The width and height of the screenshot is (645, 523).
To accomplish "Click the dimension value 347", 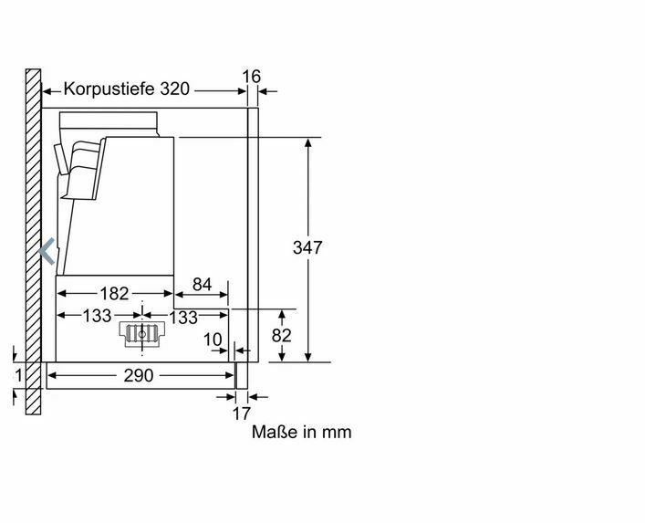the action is pos(307,247).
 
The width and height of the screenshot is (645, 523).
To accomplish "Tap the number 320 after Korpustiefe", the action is pos(174,89).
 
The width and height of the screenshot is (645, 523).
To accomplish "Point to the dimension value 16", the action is pos(251,77).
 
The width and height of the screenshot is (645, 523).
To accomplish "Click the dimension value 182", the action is pos(115,294).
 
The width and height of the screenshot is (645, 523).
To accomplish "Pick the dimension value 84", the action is pos(202,285).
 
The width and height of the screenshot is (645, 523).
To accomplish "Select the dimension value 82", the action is pos(281,336).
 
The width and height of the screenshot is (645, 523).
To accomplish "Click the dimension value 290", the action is pos(139,375).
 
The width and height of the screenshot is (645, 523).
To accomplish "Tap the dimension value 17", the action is pos(242,413).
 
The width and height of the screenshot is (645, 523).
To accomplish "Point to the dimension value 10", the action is pos(213,340).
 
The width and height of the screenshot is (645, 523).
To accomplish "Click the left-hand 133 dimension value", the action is pos(97,316).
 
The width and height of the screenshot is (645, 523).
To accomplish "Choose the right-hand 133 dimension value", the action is pos(183,318).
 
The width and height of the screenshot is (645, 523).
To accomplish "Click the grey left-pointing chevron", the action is pos(46,251).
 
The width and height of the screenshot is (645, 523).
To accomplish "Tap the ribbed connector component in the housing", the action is pos(142,334).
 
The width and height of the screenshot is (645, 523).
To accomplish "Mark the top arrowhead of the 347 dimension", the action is pos(308,142).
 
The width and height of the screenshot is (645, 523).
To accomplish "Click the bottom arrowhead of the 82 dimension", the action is pos(282,357).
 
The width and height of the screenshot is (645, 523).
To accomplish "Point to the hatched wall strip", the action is pos(34,242).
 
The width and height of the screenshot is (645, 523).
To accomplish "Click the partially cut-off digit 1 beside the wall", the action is pos(18,375).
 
